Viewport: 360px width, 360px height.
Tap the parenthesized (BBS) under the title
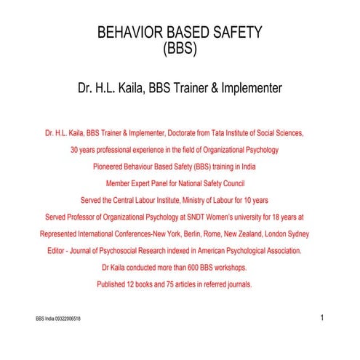[x=180, y=50]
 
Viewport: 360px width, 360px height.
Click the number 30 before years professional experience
[x=75, y=150]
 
